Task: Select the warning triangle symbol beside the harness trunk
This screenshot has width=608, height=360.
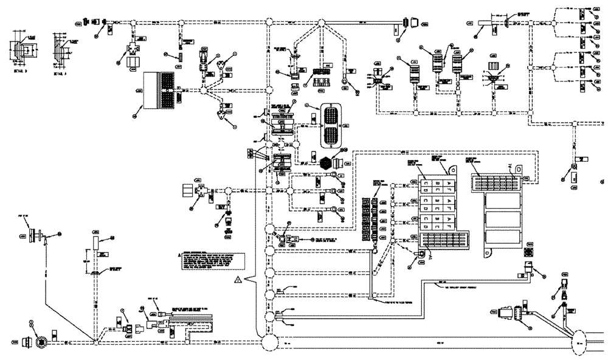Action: [x=238, y=280]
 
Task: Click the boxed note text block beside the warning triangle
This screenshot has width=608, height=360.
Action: [x=210, y=263]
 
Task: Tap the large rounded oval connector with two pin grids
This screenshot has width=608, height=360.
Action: [x=331, y=125]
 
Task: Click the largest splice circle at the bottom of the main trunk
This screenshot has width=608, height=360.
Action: [x=269, y=342]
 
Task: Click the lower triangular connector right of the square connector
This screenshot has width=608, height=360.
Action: [x=226, y=113]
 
